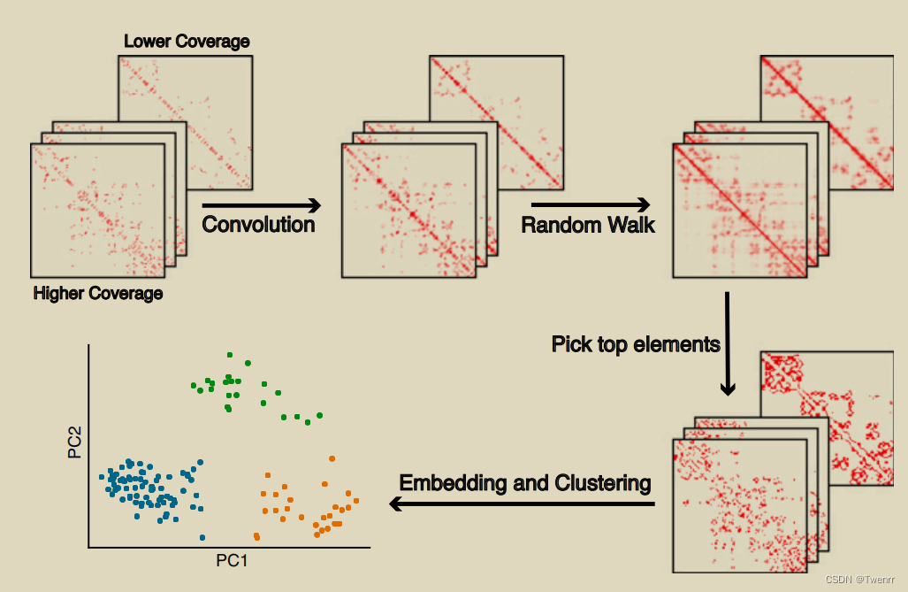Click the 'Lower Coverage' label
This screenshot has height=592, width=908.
pyautogui.click(x=187, y=41)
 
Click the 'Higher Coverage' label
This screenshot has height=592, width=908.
pyautogui.click(x=98, y=293)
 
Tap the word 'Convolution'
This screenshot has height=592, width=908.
pyautogui.click(x=258, y=224)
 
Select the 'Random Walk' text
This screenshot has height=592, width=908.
pyautogui.click(x=588, y=224)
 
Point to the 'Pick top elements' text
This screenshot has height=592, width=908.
pyautogui.click(x=636, y=343)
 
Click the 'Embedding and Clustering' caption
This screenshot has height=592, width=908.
pyautogui.click(x=525, y=483)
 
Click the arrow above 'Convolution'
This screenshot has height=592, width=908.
pyautogui.click(x=261, y=205)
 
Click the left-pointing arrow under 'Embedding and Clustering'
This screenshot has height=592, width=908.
pyautogui.click(x=522, y=504)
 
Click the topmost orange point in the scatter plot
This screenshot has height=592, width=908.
pyautogui.click(x=332, y=458)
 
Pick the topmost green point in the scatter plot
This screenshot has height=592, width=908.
pyautogui.click(x=229, y=354)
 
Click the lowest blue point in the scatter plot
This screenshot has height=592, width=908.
pyautogui.click(x=202, y=537)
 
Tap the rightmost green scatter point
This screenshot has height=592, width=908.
pyautogui.click(x=319, y=414)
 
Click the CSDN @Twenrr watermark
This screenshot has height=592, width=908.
pyautogui.click(x=861, y=580)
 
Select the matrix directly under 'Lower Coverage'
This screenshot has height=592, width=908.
pyautogui.click(x=186, y=121)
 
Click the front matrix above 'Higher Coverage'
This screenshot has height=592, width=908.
pyautogui.click(x=98, y=210)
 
